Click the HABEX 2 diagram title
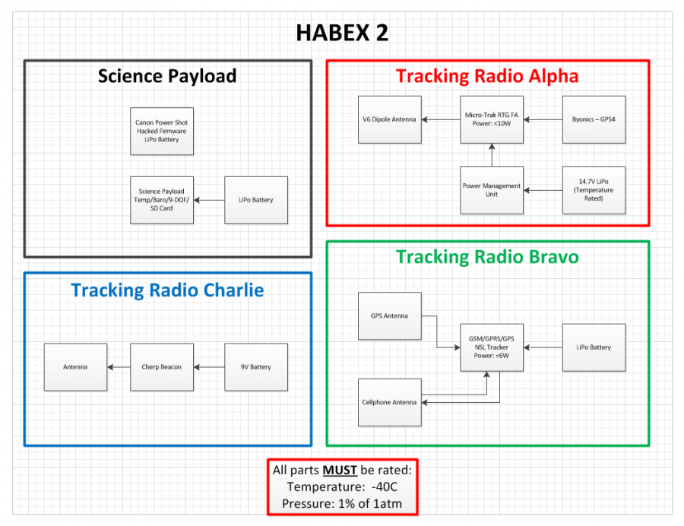click(342, 33)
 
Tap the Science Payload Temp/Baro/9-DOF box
click(161, 200)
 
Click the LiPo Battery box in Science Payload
click(256, 200)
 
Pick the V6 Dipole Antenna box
click(389, 119)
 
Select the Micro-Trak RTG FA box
click(491, 119)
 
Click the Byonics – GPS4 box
click(594, 119)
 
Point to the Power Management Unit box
click(491, 190)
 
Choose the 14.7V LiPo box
click(594, 190)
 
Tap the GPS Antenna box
click(389, 315)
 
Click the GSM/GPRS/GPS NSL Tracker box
click(491, 347)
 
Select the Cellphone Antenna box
click(389, 402)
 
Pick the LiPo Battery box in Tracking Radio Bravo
click(594, 347)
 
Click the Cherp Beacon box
click(161, 367)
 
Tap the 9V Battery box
click(256, 367)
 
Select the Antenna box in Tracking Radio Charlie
click(74, 367)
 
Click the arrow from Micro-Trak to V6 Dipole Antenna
click(441, 119)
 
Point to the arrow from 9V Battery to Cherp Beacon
click(208, 367)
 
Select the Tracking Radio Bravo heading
click(487, 257)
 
